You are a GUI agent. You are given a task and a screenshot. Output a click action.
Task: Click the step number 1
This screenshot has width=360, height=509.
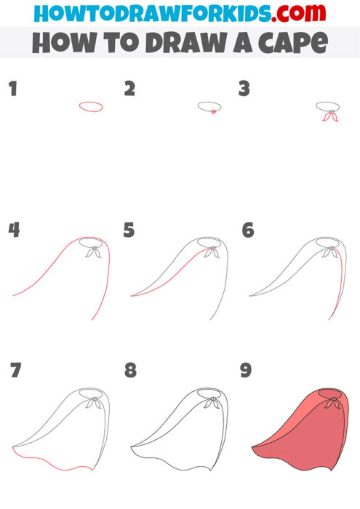(x=12, y=89)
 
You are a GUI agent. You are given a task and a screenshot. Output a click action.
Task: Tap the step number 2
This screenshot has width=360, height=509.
(x=130, y=89)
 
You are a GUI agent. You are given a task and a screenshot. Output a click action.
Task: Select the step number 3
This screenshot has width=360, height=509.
(x=244, y=89)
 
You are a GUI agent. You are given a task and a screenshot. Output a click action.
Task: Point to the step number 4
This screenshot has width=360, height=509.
(x=14, y=231)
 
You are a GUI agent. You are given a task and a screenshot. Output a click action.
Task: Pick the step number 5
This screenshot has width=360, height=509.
(x=129, y=231)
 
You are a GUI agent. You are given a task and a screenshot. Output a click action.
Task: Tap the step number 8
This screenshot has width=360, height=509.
(x=130, y=370)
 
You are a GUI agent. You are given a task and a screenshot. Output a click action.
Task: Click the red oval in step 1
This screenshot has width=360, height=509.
(x=91, y=107)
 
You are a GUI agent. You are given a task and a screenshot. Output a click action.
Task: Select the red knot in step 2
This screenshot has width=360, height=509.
(x=212, y=112)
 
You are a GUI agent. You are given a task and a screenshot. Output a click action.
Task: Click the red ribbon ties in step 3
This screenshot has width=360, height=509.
(x=331, y=116)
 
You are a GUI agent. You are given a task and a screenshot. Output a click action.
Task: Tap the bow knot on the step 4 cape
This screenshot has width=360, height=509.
(x=92, y=252)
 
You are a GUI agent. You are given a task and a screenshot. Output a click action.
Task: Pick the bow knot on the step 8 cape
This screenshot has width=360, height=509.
(x=212, y=401)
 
